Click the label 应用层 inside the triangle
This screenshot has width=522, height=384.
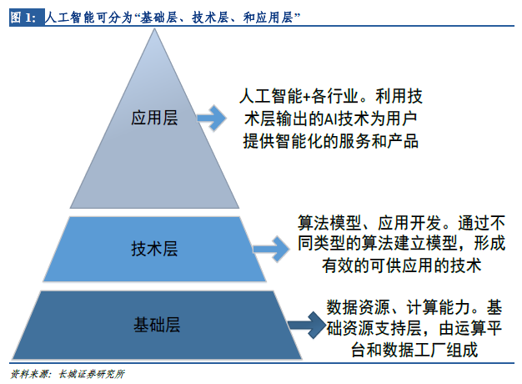coord(154,118)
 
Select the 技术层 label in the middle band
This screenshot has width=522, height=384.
coord(154,249)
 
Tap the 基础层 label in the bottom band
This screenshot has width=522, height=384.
coord(157,325)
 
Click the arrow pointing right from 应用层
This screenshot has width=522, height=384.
coord(212,118)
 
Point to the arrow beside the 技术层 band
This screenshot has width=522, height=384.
coord(271,249)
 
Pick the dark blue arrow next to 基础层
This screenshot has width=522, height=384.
coord(307,325)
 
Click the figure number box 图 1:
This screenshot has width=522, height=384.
coord(27,18)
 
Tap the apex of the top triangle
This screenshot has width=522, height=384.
coord(154,28)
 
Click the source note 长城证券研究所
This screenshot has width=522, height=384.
coord(92,374)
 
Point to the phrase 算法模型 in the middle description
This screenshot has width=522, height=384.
coord(329,223)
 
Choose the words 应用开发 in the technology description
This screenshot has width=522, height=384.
coord(409,223)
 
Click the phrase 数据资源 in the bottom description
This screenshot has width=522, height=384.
coord(358,307)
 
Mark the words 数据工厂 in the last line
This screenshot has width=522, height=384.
coord(414,350)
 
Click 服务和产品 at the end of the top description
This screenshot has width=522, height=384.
coord(379,141)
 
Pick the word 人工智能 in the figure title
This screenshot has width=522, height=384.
coord(70,18)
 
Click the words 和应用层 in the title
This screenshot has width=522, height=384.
coord(268,18)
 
